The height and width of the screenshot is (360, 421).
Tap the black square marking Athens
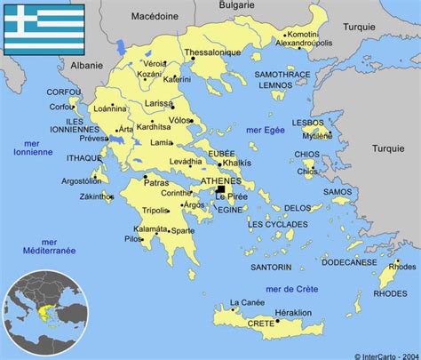point(218,188)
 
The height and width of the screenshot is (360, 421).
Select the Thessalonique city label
point(213,53)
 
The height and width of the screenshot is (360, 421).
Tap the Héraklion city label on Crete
point(293,312)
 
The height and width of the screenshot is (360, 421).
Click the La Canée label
point(246,302)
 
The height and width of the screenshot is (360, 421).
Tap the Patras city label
point(155,182)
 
